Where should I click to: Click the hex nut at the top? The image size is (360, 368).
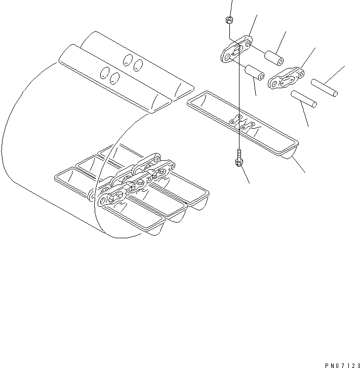[x=228, y=20]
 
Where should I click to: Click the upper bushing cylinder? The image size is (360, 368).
[x=273, y=54]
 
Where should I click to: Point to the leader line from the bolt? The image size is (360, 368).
[x=245, y=174]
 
